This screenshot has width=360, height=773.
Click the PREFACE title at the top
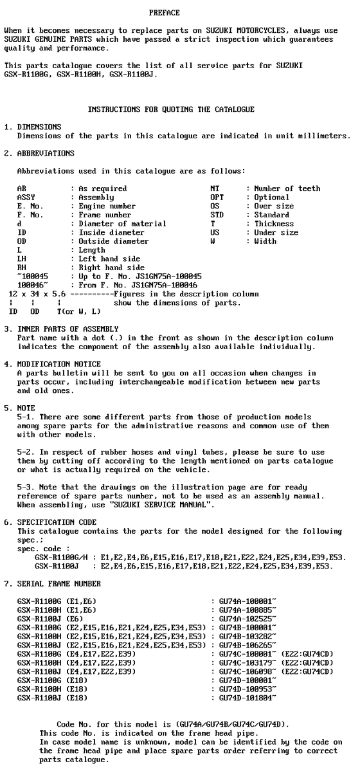pos(164,13)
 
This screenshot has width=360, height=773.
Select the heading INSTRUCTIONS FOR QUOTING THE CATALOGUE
pos(170,109)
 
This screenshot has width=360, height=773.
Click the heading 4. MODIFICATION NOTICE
pos(50,364)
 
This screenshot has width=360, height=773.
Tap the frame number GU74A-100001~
pos(248,601)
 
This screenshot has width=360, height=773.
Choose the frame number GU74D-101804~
pos(248,697)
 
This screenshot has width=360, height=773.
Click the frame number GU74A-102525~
pos(248,618)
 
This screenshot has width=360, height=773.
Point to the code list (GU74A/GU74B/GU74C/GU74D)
pos(221,723)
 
